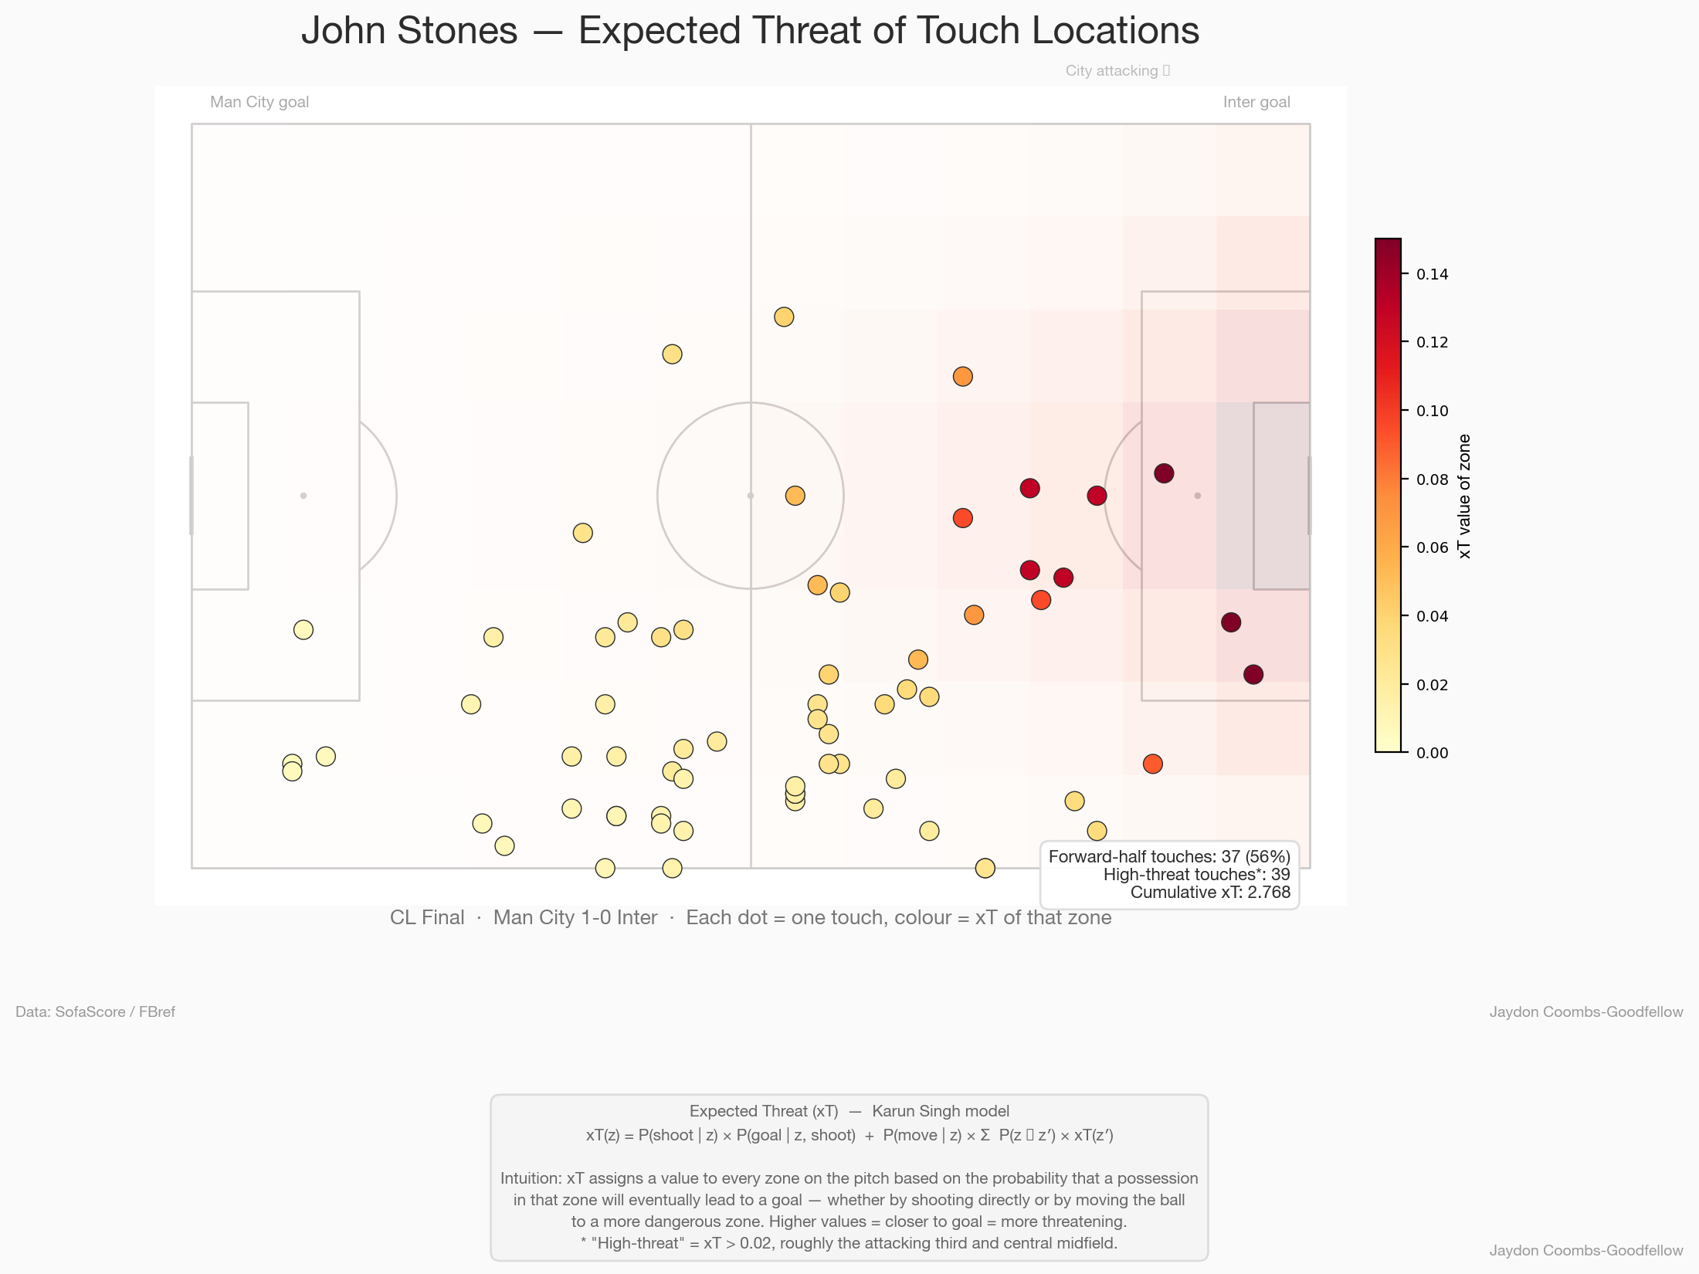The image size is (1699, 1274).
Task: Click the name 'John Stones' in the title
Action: pos(409,31)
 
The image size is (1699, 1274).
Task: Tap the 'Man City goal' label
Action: pos(259,102)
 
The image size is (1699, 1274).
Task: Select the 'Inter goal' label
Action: pos(1256,102)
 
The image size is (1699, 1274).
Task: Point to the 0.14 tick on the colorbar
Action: pos(1432,274)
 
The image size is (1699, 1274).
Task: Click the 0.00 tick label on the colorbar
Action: pos(1432,753)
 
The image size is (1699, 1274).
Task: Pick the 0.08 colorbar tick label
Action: pos(1432,479)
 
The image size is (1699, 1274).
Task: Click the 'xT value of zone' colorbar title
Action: pos(1464,496)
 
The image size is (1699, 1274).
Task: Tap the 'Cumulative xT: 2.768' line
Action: pos(1209,893)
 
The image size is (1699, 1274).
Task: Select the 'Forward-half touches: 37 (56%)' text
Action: pos(1168,856)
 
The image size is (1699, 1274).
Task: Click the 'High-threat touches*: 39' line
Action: pos(1196,874)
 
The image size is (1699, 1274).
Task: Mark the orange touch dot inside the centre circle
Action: pos(795,496)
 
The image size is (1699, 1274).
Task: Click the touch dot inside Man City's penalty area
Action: pos(304,630)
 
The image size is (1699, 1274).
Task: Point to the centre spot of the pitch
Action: pos(751,496)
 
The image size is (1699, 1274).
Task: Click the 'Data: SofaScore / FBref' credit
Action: pos(95,1011)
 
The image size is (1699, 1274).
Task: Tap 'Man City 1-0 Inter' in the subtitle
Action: pos(575,917)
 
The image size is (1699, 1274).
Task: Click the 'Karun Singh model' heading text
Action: pos(940,1111)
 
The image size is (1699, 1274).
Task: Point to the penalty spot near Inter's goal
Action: pos(1198,496)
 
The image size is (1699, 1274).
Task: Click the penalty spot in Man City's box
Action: pos(304,496)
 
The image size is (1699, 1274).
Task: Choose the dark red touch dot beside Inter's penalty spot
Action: pos(1164,473)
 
